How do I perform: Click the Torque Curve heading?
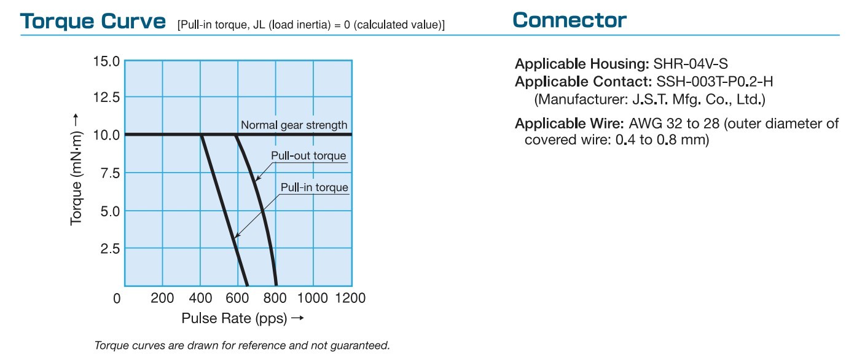tap(93, 22)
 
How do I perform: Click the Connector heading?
tap(569, 20)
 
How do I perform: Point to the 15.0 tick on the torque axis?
tap(106, 61)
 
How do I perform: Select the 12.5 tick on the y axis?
tap(106, 98)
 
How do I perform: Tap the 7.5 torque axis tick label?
tap(110, 173)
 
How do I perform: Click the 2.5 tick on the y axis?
tap(110, 249)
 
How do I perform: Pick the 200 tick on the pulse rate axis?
tap(162, 298)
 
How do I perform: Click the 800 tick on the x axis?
tap(275, 298)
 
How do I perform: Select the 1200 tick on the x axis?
tap(350, 298)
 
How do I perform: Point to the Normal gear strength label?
tap(294, 125)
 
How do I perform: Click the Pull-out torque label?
tap(308, 155)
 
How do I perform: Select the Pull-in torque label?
tap(314, 187)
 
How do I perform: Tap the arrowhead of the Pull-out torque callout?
tap(257, 179)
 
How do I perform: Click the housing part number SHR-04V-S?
tap(691, 64)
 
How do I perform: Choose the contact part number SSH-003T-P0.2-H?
tap(715, 82)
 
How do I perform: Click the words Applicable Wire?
tap(569, 123)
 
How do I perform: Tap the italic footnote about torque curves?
tap(242, 345)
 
